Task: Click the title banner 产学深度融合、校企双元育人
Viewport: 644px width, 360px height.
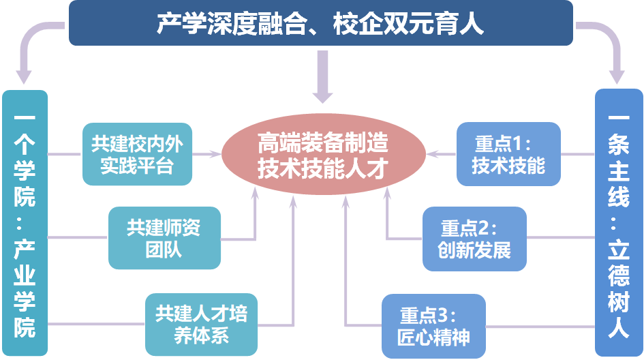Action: pyautogui.click(x=320, y=23)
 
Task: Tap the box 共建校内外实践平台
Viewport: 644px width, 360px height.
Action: pyautogui.click(x=138, y=154)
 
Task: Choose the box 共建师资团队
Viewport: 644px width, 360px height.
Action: pyautogui.click(x=164, y=237)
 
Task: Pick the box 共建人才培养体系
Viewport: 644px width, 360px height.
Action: pyautogui.click(x=201, y=324)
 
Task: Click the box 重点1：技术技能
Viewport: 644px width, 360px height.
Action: pyautogui.click(x=508, y=154)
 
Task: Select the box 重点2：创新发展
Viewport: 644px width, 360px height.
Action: pyautogui.click(x=475, y=237)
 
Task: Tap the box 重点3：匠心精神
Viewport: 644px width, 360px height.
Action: pyautogui.click(x=433, y=325)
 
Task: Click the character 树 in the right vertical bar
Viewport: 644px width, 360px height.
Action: pyautogui.click(x=619, y=300)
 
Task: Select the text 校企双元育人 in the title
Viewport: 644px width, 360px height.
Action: pyautogui.click(x=408, y=24)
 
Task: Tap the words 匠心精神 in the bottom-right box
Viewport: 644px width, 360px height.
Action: pyautogui.click(x=433, y=337)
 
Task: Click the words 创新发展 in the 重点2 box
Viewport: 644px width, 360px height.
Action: pyautogui.click(x=475, y=250)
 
